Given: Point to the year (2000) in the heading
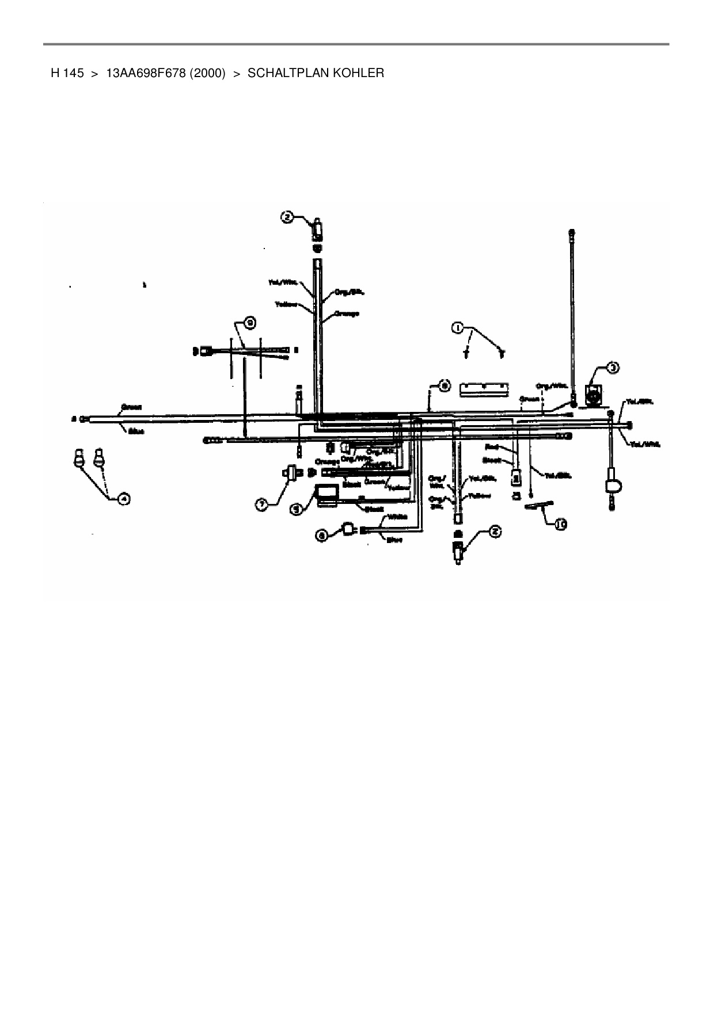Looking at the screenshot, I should (208, 73).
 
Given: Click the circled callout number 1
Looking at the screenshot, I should (457, 328).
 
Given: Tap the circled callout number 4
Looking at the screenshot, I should (123, 499).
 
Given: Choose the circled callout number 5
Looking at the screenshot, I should (296, 509).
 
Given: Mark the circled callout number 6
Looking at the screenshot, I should (323, 535).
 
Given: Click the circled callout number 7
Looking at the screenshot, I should (261, 504).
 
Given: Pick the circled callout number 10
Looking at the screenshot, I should (561, 523).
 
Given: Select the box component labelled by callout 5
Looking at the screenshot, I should (326, 495).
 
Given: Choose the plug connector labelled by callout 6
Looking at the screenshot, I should (348, 529).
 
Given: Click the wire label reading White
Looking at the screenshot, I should (398, 517).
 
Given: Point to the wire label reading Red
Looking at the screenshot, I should (492, 446).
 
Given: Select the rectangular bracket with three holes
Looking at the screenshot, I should (484, 390).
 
